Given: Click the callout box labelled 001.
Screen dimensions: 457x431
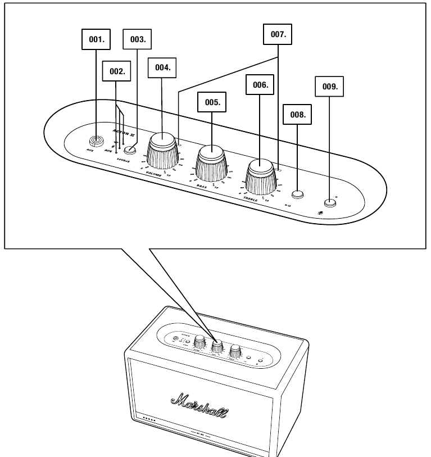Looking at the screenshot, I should click(x=95, y=40).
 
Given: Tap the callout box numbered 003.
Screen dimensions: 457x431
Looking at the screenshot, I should click(x=138, y=40).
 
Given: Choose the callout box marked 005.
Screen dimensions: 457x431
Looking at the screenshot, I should click(x=211, y=103).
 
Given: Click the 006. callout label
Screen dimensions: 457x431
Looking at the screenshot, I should click(x=260, y=85).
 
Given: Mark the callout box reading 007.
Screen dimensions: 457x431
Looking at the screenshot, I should click(x=278, y=34).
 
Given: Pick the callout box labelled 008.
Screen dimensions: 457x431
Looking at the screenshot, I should click(x=297, y=114).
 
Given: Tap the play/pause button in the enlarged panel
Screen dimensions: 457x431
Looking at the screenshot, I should click(x=297, y=195).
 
